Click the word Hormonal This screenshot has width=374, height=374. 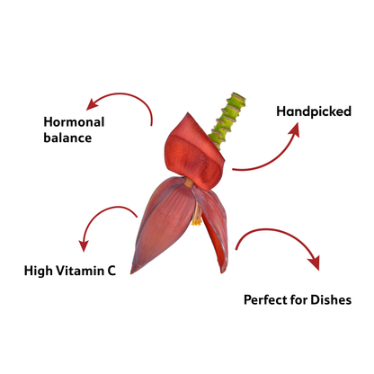pyautogui.click(x=74, y=122)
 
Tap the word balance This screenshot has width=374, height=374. pyautogui.click(x=67, y=138)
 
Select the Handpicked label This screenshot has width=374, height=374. pyautogui.click(x=314, y=111)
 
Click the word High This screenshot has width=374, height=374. pyautogui.click(x=38, y=271)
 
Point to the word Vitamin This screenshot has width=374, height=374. pyautogui.click(x=80, y=271)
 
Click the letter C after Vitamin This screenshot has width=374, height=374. pyautogui.click(x=111, y=271)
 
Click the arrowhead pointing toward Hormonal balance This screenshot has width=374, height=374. pyautogui.click(x=92, y=104)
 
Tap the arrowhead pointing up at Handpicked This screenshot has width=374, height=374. pyautogui.click(x=295, y=129)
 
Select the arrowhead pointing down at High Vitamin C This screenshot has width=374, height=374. pyautogui.click(x=84, y=245)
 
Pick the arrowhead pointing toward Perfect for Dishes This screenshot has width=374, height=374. pyautogui.click(x=315, y=263)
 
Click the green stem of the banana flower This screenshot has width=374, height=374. pyautogui.click(x=229, y=120)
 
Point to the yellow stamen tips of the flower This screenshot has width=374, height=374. pyautogui.click(x=197, y=222)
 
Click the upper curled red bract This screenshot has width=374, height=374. pyautogui.click(x=194, y=153)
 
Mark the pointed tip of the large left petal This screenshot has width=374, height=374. pyautogui.click(x=132, y=272)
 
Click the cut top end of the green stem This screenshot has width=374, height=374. pyautogui.click(x=237, y=97)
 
